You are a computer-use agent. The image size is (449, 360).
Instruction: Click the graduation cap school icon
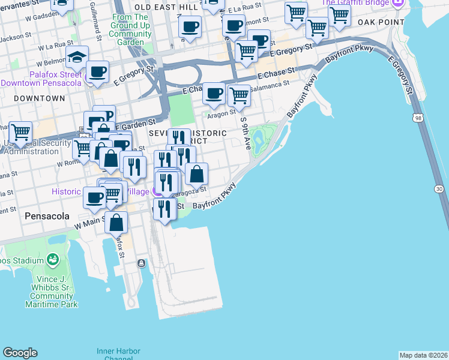tap(77, 58)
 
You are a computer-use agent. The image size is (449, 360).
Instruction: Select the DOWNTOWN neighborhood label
tap(39, 98)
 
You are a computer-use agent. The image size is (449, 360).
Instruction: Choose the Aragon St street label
tap(222, 113)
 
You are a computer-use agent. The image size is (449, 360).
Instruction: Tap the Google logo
tap(20, 352)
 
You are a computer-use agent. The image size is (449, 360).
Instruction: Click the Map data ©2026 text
tap(423, 355)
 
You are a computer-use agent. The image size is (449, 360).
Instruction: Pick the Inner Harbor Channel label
tap(118, 354)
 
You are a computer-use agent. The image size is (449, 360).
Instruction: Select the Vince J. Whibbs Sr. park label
tap(52, 296)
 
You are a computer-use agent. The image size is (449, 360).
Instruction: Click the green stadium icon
tap(52, 260)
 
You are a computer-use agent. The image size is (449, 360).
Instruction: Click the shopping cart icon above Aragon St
tap(240, 94)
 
